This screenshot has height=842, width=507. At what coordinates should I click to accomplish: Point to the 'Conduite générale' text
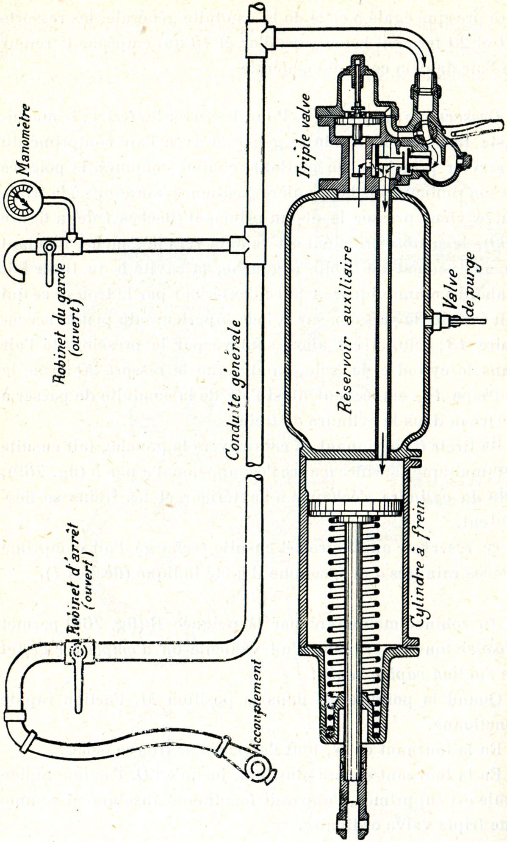pos(232,390)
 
